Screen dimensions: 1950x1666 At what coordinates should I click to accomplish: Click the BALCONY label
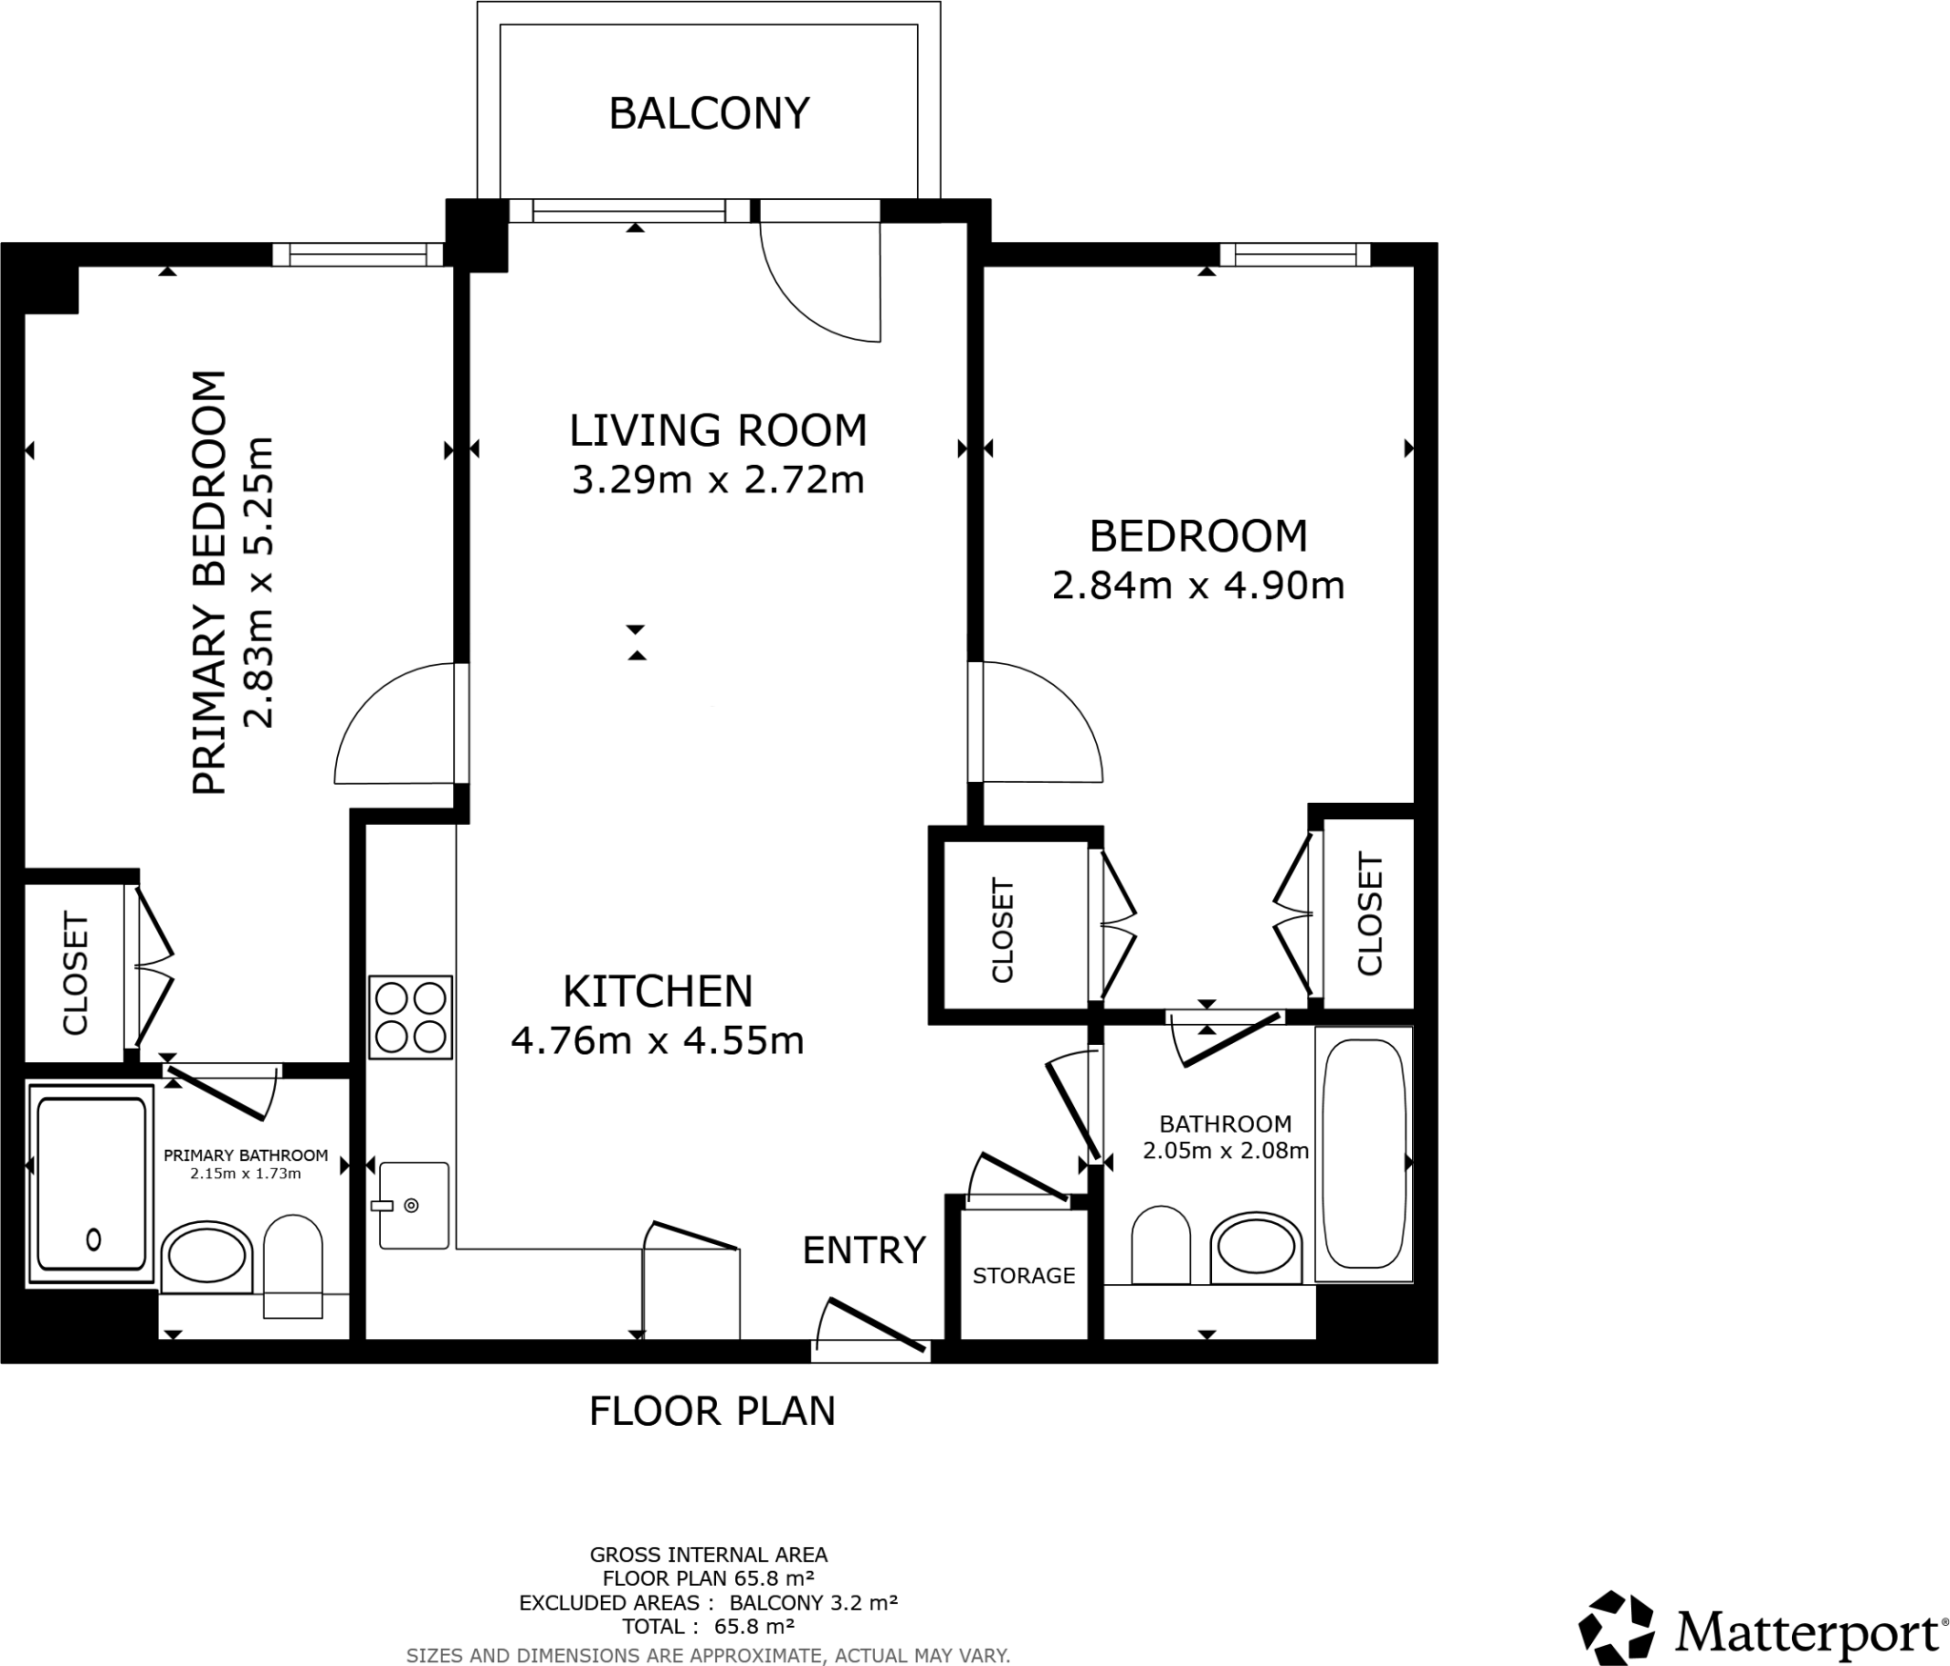click(709, 113)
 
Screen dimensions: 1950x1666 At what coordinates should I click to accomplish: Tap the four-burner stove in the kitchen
click(411, 1017)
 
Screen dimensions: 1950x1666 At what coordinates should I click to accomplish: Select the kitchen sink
click(413, 1205)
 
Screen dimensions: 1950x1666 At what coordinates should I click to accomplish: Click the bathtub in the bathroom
click(1363, 1154)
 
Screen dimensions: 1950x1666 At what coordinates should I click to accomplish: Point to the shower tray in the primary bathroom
click(90, 1183)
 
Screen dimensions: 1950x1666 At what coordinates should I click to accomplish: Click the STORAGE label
click(1024, 1275)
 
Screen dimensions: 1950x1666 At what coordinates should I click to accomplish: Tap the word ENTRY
click(865, 1250)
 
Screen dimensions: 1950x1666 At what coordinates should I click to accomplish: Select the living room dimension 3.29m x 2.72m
click(718, 480)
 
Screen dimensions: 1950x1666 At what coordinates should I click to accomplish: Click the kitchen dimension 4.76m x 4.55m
click(658, 1041)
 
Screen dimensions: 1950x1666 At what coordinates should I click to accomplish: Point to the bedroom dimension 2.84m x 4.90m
click(1199, 586)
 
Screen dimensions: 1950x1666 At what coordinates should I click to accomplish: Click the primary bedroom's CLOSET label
click(75, 974)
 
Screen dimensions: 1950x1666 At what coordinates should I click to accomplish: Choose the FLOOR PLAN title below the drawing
click(712, 1412)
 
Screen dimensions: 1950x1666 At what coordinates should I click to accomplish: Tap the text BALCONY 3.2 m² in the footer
click(814, 1602)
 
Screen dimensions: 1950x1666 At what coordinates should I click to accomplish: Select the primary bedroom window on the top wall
click(358, 254)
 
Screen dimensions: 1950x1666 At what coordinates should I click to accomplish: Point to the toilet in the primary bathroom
click(292, 1266)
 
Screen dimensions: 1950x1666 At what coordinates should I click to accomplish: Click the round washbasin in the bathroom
click(1256, 1247)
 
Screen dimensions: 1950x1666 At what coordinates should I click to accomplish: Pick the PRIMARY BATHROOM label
click(246, 1155)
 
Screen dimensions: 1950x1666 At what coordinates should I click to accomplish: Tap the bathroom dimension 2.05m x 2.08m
click(1225, 1151)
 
